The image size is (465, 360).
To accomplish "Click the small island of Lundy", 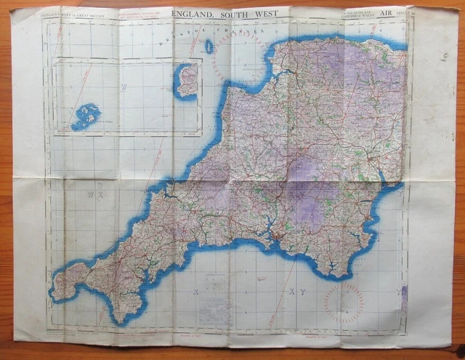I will (209, 47).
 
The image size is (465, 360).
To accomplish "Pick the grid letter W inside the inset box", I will (124, 87).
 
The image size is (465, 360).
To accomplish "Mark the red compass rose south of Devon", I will (343, 303).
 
